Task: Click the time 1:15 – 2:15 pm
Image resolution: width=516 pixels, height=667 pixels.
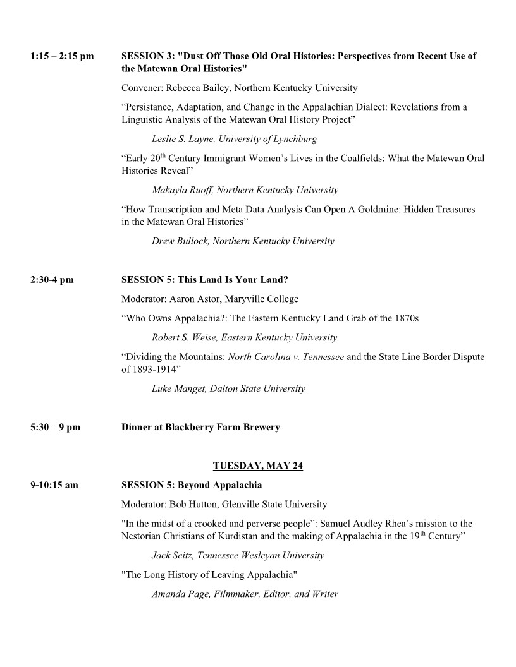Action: click(61, 56)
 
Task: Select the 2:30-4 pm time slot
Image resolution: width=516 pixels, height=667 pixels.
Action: click(52, 279)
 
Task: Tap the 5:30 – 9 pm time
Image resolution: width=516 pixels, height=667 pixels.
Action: click(55, 427)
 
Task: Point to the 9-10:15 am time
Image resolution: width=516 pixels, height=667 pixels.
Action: click(54, 485)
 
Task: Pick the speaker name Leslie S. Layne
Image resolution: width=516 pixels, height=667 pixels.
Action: click(182, 138)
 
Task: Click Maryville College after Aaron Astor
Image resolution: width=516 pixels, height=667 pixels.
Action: click(264, 299)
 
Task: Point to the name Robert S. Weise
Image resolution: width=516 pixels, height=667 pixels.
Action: click(183, 337)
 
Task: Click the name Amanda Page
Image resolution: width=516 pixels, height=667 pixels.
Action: click(177, 594)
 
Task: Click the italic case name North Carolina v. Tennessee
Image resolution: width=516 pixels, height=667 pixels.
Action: click(286, 357)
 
